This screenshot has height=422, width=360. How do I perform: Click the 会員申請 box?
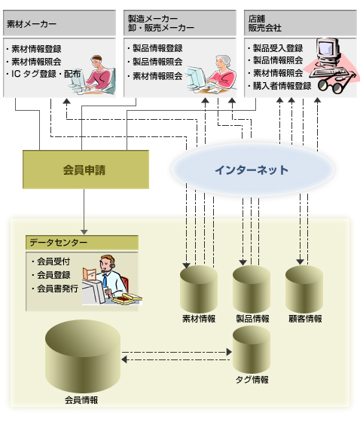[x=86, y=170]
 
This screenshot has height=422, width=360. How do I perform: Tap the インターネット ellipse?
[x=252, y=170]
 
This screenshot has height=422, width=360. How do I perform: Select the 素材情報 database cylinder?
[x=199, y=289]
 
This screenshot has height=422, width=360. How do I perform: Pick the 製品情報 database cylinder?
[x=252, y=289]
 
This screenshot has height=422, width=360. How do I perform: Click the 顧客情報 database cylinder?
[x=304, y=289]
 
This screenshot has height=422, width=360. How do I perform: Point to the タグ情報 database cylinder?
[x=252, y=350]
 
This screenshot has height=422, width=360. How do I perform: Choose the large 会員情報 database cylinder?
[x=83, y=356]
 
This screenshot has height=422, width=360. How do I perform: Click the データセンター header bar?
[x=82, y=243]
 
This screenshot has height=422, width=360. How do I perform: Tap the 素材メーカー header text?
[x=32, y=24]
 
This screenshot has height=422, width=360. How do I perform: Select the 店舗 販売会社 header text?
[x=265, y=23]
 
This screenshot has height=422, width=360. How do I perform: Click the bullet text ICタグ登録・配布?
[x=46, y=74]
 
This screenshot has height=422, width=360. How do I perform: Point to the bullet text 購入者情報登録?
[x=282, y=86]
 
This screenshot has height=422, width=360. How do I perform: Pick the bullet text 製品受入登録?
[x=278, y=48]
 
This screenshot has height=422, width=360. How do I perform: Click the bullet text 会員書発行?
[x=57, y=289]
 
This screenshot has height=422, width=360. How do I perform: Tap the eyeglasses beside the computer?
[x=333, y=84]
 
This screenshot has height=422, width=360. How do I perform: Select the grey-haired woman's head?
[x=223, y=63]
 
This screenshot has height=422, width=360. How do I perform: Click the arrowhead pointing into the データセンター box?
[x=84, y=232]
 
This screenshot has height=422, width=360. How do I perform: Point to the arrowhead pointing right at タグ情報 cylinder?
[x=229, y=352]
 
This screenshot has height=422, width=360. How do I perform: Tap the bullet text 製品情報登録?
[x=157, y=48]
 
